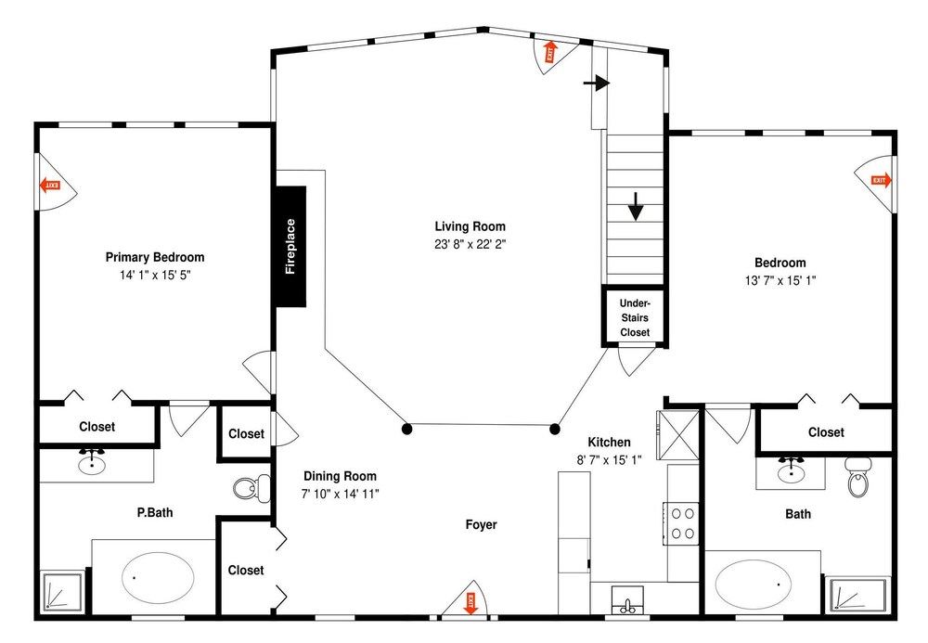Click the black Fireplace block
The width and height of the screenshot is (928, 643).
290,247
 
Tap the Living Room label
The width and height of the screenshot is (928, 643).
470,226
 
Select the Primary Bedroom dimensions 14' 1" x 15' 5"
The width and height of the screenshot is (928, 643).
155,275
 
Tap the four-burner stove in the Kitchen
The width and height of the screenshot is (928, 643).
682,523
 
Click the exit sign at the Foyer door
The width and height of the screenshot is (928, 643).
471,603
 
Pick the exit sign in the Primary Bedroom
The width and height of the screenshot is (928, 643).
50,186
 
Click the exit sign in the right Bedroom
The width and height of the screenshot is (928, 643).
881,180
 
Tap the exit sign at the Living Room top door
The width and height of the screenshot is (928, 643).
550,51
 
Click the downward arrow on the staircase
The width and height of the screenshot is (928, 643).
636,206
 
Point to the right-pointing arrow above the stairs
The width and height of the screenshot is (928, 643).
597,83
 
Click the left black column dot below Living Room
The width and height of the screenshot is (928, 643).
406,429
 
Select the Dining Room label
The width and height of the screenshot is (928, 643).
341,476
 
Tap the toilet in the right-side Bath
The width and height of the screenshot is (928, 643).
856,477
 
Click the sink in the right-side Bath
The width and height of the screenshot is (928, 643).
790,470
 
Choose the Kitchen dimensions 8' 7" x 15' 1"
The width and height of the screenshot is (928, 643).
609,460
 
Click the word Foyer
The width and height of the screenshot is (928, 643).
481,524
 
